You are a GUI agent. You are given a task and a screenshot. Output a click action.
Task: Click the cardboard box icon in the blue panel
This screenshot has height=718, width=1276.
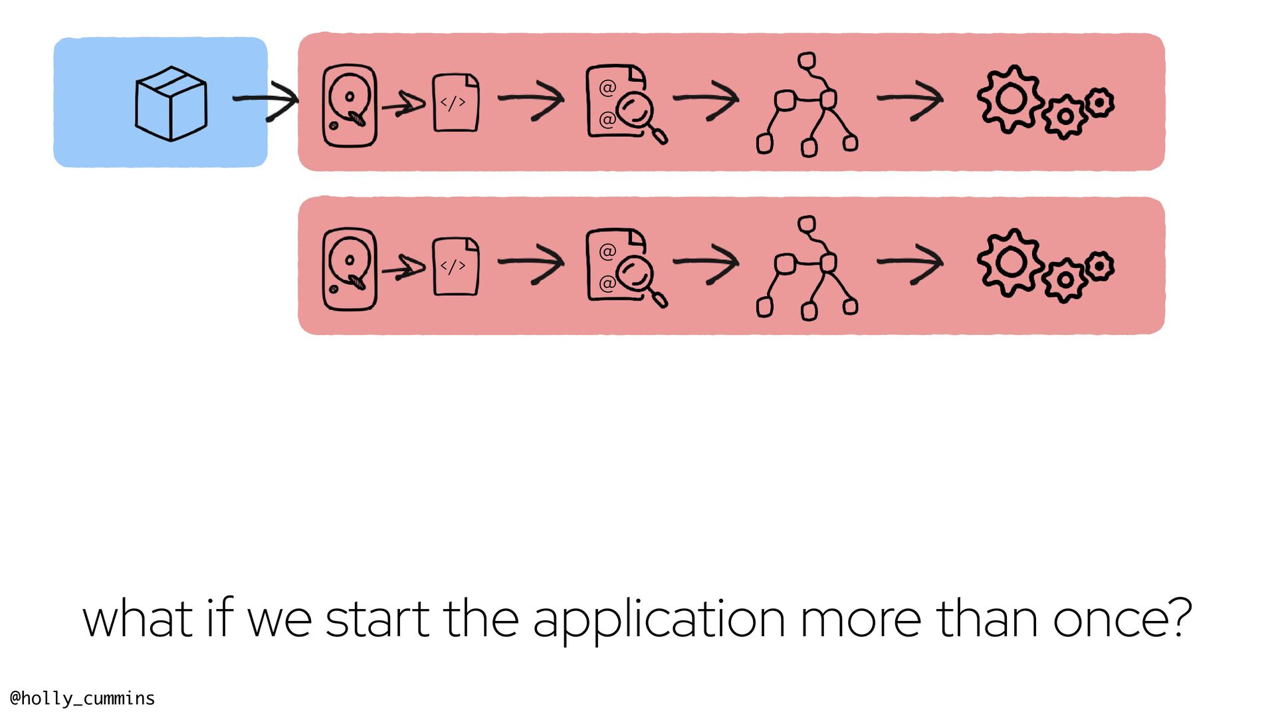click(x=171, y=103)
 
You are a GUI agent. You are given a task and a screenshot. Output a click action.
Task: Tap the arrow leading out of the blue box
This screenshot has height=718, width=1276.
click(x=266, y=100)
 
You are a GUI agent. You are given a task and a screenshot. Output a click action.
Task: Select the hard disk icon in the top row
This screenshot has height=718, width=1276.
click(x=350, y=105)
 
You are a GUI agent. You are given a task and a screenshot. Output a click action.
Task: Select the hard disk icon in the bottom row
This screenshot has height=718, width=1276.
click(x=350, y=269)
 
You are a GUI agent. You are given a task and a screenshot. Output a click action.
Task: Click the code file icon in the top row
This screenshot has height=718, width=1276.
click(x=456, y=102)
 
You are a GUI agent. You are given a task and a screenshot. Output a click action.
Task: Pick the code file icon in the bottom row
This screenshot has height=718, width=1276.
click(x=456, y=266)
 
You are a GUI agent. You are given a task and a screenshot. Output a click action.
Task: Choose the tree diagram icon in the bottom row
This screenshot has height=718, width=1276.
click(x=807, y=269)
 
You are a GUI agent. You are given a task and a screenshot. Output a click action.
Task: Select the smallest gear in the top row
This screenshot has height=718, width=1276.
click(x=1100, y=103)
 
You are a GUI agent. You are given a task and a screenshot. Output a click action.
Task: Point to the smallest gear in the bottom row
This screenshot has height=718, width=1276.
click(x=1100, y=267)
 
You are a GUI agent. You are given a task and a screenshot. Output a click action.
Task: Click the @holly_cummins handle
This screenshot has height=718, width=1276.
click(x=82, y=698)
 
